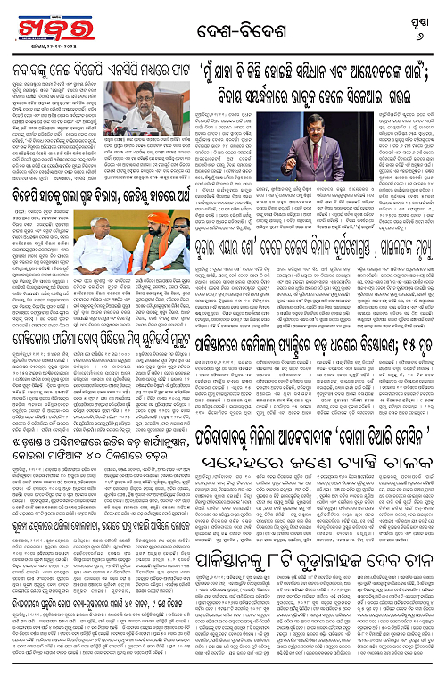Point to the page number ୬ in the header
click(421, 29)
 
